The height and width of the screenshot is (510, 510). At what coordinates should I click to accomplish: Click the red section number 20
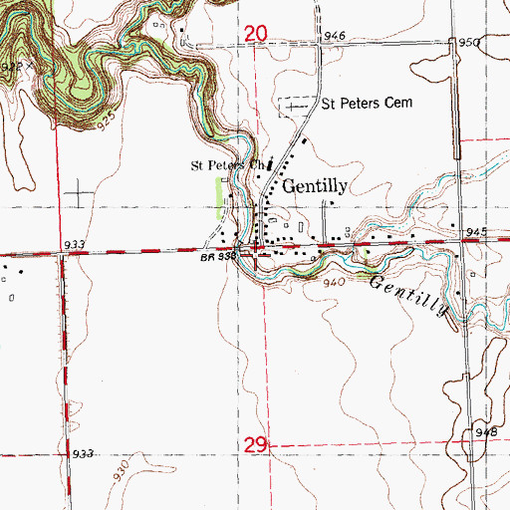pos(256,35)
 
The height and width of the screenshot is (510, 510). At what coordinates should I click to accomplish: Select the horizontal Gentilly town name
pos(315,185)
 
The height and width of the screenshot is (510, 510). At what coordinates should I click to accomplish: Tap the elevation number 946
pos(334,36)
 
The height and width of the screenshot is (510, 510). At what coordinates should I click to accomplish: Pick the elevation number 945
pos(474,232)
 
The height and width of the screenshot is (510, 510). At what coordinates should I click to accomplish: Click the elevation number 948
pos(486,431)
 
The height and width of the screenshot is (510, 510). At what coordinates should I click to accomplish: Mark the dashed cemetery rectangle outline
pos(294,105)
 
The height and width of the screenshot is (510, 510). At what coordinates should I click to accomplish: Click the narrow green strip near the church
pos(219,196)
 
